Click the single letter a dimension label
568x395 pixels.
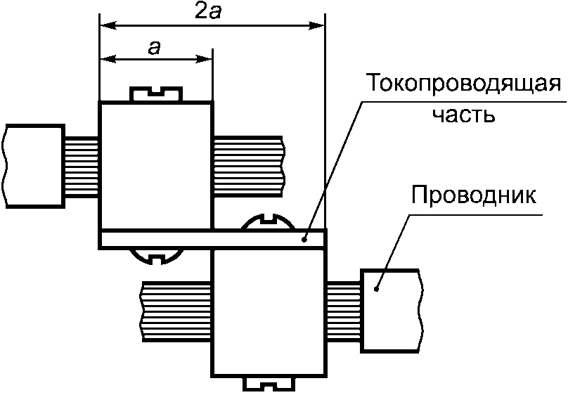click(x=154, y=48)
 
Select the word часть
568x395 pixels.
click(x=464, y=115)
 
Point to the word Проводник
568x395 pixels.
click(x=474, y=195)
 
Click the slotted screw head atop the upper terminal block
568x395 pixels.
click(x=156, y=93)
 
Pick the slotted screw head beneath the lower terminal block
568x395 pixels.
click(x=268, y=384)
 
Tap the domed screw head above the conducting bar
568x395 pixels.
click(x=268, y=221)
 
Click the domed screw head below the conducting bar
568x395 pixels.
click(x=156, y=257)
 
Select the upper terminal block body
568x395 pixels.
click(x=156, y=165)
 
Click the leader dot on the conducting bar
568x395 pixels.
click(x=304, y=239)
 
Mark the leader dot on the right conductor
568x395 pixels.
click(x=376, y=290)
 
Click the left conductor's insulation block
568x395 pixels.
click(x=34, y=166)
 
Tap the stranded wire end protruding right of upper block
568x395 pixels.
click(x=249, y=167)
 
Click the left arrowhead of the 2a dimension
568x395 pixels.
click(x=108, y=25)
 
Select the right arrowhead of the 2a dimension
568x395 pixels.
click(x=316, y=25)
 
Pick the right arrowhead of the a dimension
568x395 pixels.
click(x=203, y=58)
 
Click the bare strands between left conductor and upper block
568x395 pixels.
click(x=82, y=167)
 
